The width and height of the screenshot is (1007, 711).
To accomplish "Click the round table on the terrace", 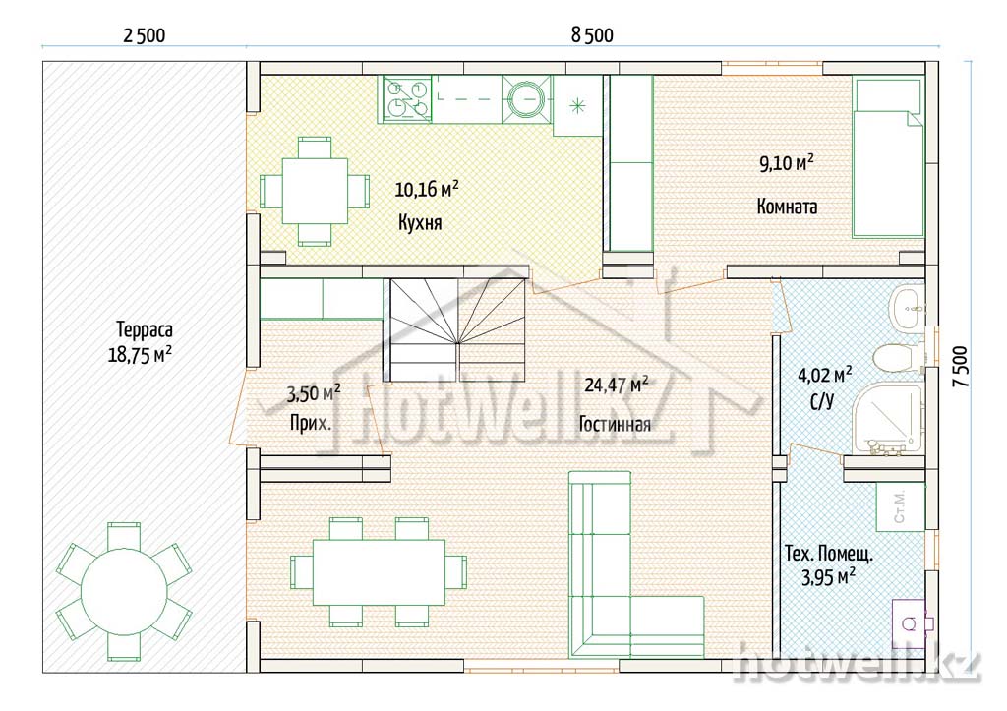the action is tap(124, 591).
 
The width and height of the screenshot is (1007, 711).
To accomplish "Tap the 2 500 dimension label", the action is tap(144, 35).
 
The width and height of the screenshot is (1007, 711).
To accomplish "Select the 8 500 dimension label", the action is tap(592, 35).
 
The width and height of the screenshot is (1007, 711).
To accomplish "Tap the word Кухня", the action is tap(420, 223).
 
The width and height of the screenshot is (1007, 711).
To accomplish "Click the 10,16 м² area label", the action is tap(427, 189).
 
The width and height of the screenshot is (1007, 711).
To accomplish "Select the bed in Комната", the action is tap(888, 158).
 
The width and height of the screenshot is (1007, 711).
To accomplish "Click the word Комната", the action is tap(787, 207).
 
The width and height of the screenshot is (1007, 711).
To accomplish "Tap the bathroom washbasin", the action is tap(908, 307).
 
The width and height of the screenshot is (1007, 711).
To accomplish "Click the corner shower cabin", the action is tap(888, 419).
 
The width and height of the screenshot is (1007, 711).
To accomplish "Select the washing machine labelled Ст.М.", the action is tap(901, 506).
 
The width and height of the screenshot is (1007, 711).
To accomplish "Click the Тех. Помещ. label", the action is tap(828, 553).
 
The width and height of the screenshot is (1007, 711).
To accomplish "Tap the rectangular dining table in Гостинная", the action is tap(379, 572).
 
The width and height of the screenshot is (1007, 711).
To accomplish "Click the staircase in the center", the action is tap(458, 329).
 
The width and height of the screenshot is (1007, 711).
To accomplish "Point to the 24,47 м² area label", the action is tap(616, 385).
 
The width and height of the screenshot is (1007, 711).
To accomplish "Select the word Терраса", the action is tap(145, 330).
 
